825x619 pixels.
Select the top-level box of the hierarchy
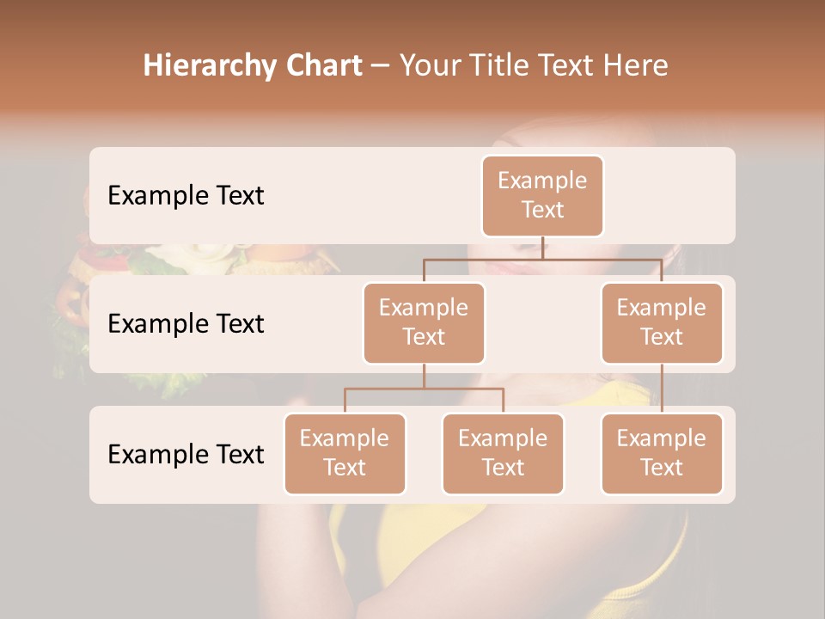(x=542, y=196)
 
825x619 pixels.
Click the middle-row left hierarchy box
(x=424, y=322)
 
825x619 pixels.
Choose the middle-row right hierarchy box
(x=662, y=322)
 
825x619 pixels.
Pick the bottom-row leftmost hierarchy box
(x=345, y=453)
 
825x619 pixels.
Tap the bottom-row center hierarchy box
(x=503, y=453)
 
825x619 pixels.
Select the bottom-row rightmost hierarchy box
(x=662, y=453)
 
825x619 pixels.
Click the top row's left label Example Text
(x=186, y=195)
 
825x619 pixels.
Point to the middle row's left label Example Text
(x=186, y=323)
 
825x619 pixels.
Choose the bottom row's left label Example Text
(x=186, y=454)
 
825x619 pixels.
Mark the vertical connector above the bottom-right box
(x=662, y=389)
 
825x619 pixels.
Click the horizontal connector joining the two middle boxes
(x=542, y=259)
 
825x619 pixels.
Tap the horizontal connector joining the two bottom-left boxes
(x=424, y=389)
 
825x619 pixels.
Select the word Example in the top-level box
(x=542, y=181)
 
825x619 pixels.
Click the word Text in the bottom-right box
(x=662, y=468)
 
